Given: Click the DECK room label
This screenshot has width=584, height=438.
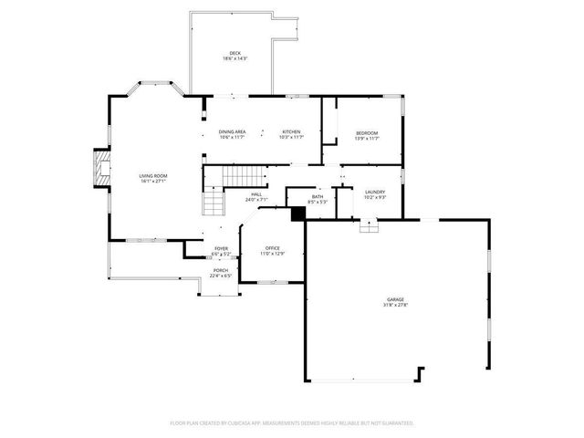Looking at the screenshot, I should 235,53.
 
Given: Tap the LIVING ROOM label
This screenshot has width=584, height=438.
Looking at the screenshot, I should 153,175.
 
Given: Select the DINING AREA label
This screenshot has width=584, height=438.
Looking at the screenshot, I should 232,131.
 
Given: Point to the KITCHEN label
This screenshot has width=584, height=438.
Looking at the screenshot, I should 291,131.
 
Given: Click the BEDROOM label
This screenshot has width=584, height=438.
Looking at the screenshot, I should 367,133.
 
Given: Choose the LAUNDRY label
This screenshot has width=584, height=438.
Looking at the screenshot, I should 375,192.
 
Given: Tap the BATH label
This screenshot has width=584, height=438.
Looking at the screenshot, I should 317,196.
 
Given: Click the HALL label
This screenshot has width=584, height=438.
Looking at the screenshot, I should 256,194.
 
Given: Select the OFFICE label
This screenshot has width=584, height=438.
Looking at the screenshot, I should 272,247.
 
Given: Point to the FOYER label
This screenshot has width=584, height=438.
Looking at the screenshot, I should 221,248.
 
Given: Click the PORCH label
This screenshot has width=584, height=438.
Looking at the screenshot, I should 221,270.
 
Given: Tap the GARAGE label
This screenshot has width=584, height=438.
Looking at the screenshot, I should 395,299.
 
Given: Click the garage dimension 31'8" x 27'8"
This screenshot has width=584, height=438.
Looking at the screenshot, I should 395,305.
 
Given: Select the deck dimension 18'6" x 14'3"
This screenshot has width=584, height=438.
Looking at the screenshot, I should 235,58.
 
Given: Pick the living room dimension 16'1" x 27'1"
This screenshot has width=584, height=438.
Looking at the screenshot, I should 153,181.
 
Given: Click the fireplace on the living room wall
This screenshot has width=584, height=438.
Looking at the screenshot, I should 100,170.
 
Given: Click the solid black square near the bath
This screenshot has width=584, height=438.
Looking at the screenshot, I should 297,214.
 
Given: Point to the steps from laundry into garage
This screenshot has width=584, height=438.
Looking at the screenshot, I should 368,226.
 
